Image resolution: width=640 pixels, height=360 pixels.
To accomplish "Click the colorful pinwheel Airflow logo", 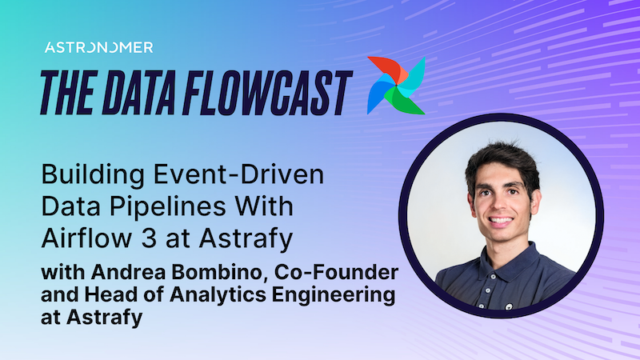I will (394, 86).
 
